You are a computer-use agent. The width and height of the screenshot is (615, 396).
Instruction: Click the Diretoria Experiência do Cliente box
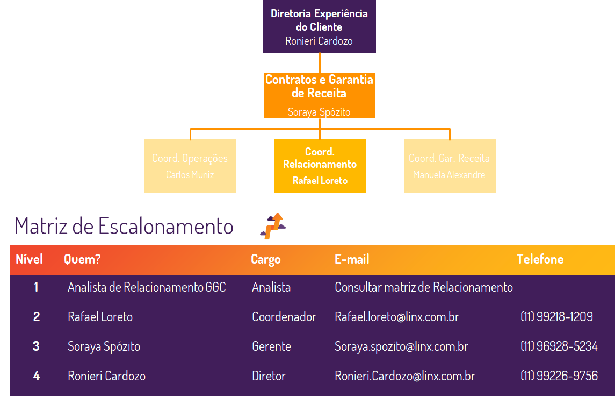[319, 26]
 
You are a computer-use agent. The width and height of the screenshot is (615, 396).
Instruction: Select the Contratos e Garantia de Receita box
[319, 95]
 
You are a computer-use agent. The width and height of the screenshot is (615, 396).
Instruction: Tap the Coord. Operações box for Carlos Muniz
[190, 166]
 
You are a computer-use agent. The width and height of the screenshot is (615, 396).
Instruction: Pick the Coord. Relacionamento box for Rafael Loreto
[320, 166]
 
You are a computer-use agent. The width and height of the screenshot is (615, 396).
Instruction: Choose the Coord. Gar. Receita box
[450, 166]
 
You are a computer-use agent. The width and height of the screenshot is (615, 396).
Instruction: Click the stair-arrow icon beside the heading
[273, 225]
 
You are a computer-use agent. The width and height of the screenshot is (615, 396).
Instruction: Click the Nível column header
[29, 259]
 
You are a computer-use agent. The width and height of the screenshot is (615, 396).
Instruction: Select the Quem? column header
[82, 259]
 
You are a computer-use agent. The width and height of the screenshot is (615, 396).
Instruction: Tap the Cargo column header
[265, 259]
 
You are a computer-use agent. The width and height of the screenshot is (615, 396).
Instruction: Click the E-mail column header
[352, 259]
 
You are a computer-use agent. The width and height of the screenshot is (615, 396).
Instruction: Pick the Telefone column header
[540, 259]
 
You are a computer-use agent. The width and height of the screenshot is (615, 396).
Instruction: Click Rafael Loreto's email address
[396, 317]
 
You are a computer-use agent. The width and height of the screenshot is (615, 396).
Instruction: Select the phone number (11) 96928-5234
[559, 346]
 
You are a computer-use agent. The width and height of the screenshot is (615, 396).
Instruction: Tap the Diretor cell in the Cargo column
[269, 376]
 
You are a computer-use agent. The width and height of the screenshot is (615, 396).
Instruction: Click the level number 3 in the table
[36, 346]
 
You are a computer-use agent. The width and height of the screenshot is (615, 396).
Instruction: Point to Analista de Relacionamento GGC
[147, 287]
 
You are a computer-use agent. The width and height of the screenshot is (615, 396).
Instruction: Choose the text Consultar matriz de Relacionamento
[423, 287]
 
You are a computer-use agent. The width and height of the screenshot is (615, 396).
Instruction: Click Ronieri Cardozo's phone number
[559, 376]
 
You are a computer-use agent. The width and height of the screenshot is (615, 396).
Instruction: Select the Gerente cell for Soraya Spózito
[271, 346]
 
